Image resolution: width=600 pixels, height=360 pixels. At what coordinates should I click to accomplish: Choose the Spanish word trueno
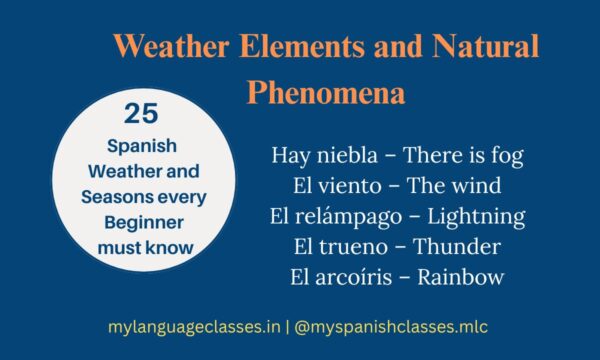tap(346, 246)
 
